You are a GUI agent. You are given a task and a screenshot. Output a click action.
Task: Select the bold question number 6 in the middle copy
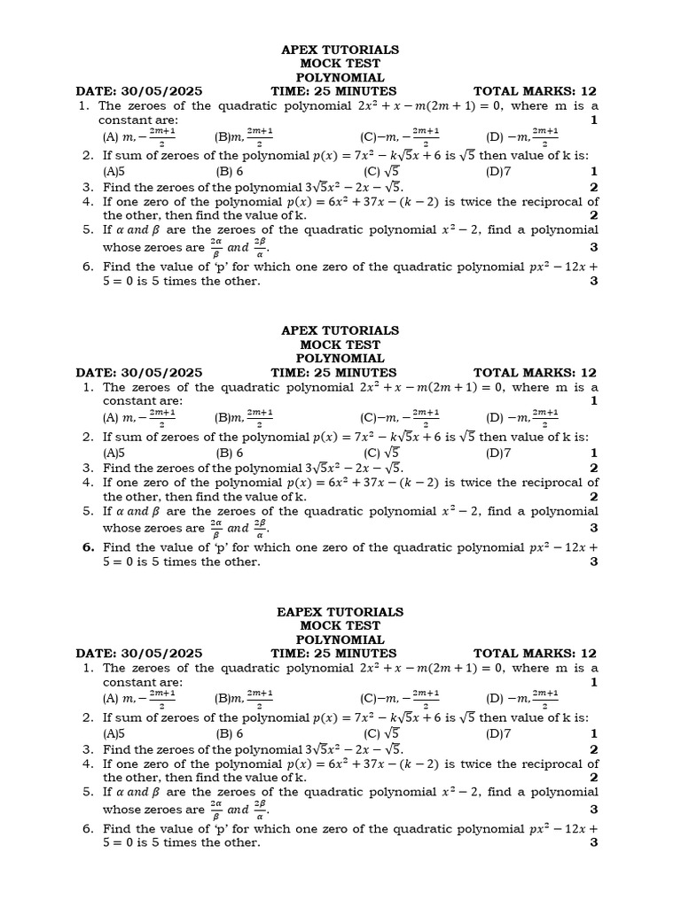point(89,547)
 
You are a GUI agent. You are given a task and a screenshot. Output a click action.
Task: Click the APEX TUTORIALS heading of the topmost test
point(340,50)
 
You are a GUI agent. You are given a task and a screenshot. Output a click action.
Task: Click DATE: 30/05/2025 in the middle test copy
point(139,373)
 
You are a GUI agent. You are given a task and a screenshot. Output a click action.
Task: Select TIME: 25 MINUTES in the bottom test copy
point(333,654)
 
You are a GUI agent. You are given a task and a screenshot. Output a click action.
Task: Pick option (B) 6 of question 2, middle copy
point(230,453)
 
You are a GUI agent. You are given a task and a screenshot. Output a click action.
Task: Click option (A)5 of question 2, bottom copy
point(113,733)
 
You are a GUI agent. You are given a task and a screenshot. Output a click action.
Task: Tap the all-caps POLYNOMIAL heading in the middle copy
point(340,359)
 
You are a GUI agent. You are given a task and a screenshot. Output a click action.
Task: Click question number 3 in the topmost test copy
point(89,187)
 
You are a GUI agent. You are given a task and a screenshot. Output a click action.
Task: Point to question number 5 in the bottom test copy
point(89,792)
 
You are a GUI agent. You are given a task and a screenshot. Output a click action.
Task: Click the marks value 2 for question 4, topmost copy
point(593,215)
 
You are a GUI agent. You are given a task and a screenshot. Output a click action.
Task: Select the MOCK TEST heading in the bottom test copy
point(340,626)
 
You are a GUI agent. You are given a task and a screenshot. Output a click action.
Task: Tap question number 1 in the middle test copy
point(89,387)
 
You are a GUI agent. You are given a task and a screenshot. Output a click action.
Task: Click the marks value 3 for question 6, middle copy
point(593,562)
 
